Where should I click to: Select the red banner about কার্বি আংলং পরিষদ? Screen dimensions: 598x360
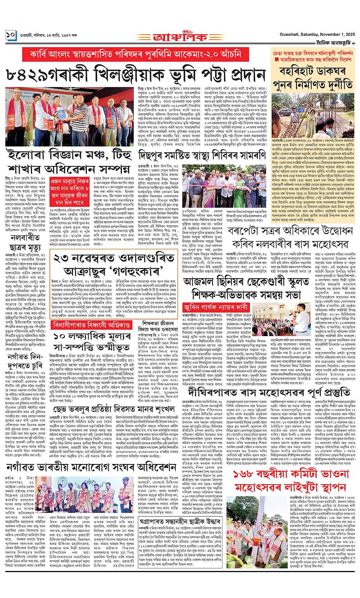click(136, 54)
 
